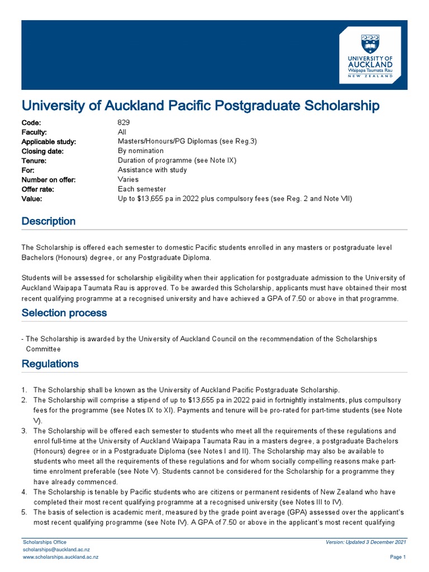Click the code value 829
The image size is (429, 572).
pos(123,122)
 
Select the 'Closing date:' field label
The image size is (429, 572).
pos(42,151)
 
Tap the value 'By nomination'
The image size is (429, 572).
pos(140,151)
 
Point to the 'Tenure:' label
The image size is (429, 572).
pos(34,160)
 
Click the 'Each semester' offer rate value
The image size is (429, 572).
pos(142,189)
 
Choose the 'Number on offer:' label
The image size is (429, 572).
pos(48,180)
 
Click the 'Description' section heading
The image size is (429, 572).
pos(48,221)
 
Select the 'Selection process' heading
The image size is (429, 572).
pos(64,313)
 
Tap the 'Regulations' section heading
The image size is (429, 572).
pos(50,364)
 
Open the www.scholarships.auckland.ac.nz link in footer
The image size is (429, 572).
pos(60,557)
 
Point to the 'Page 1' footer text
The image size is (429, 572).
pos(397,557)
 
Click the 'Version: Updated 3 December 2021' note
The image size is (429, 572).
pos(365,542)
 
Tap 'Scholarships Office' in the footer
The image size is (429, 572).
pos(44,542)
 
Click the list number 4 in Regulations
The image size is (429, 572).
pos(24,492)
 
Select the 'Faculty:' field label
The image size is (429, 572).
pos(35,132)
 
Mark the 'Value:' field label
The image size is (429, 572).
pos(32,199)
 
